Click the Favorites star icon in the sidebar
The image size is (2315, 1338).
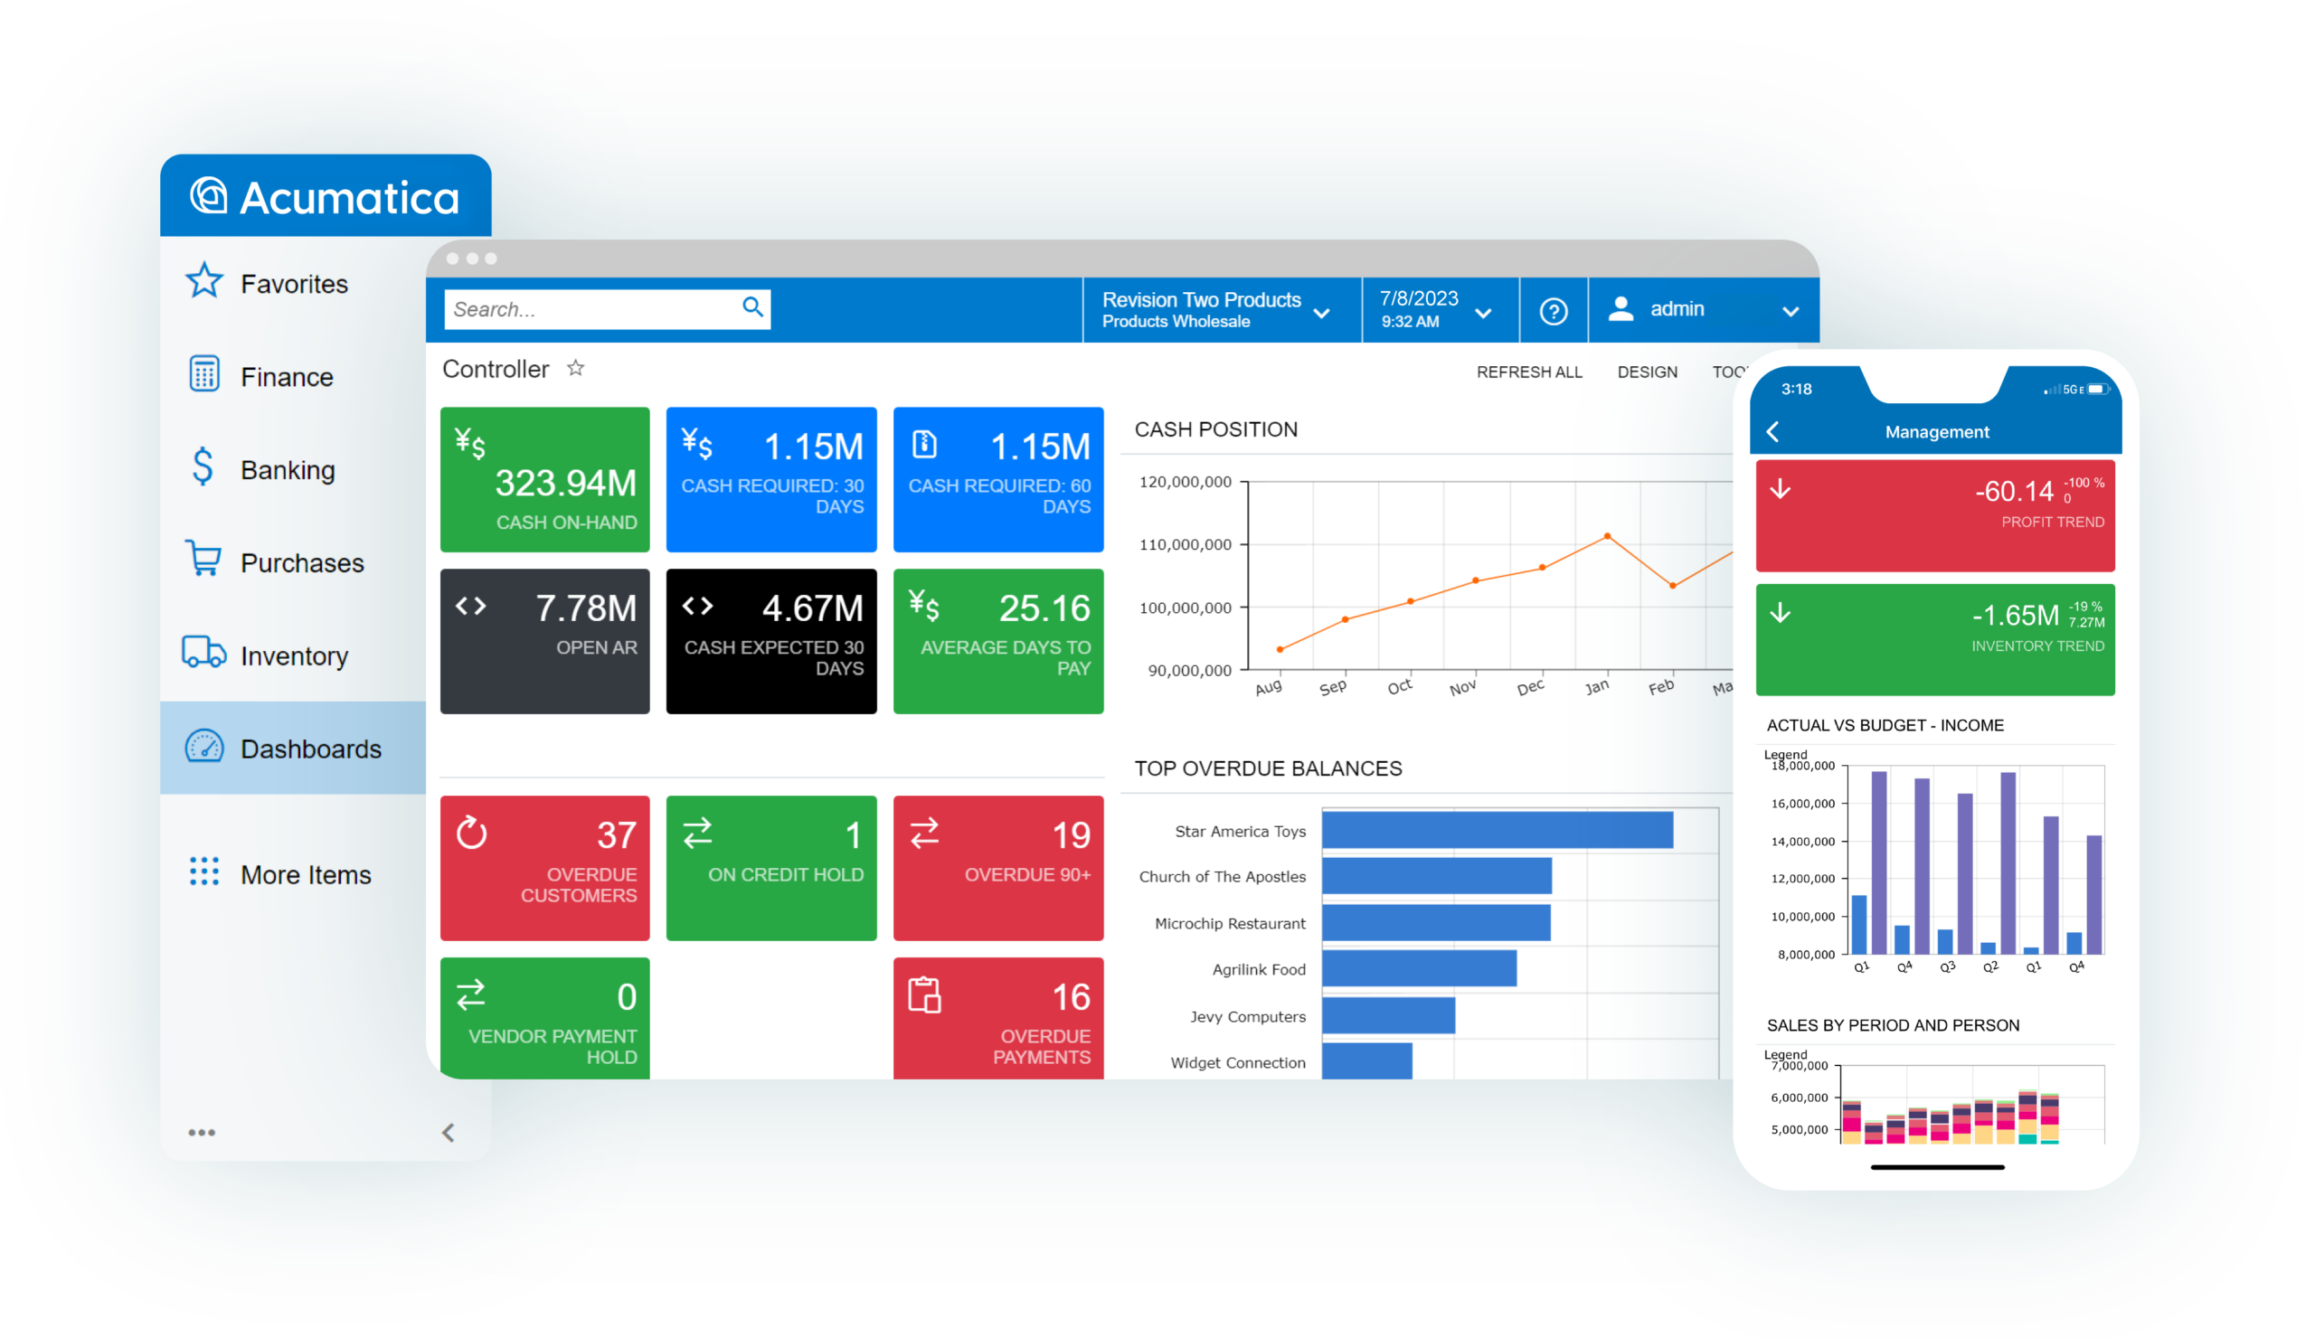click(x=204, y=281)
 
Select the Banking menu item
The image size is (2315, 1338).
click(x=262, y=469)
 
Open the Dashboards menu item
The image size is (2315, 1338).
click(x=293, y=749)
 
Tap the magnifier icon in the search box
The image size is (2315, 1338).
click(x=752, y=306)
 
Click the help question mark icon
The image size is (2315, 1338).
click(x=1554, y=312)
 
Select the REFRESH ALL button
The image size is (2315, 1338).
click(x=1529, y=372)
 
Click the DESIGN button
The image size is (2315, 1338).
click(x=1647, y=372)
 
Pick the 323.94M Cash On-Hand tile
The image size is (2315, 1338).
click(x=544, y=479)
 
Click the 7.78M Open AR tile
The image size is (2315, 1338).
click(x=544, y=641)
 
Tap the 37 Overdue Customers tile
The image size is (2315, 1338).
click(x=544, y=868)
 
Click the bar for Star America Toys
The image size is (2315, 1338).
click(x=1498, y=830)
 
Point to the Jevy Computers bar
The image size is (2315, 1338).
click(x=1388, y=1015)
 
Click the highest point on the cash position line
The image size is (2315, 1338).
click(x=1607, y=536)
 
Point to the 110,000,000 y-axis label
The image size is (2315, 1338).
click(x=1185, y=544)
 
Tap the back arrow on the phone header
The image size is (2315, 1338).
click(x=1773, y=431)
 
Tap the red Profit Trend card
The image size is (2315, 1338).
click(x=1934, y=516)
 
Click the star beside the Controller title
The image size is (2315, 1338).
click(x=576, y=368)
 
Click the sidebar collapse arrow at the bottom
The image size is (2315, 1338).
click(x=449, y=1132)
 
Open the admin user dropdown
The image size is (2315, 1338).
click(x=1703, y=310)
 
